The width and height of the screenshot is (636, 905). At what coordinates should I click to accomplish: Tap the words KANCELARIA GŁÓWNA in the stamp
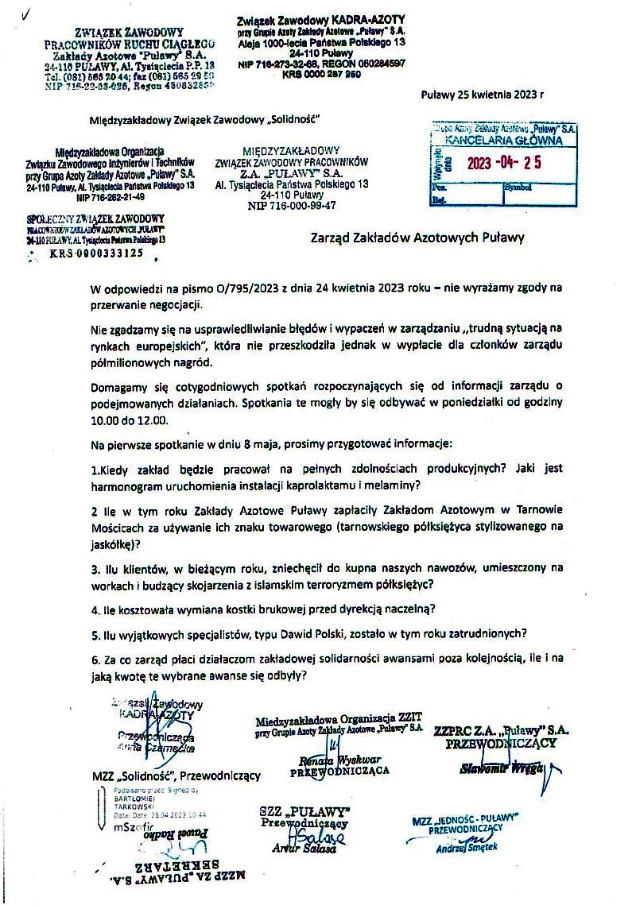[x=503, y=141]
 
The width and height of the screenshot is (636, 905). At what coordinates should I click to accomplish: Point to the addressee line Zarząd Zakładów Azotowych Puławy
[x=417, y=237]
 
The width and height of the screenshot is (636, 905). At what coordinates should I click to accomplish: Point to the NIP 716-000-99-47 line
[x=292, y=204]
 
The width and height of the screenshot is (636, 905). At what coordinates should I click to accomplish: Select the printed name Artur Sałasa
[x=305, y=849]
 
